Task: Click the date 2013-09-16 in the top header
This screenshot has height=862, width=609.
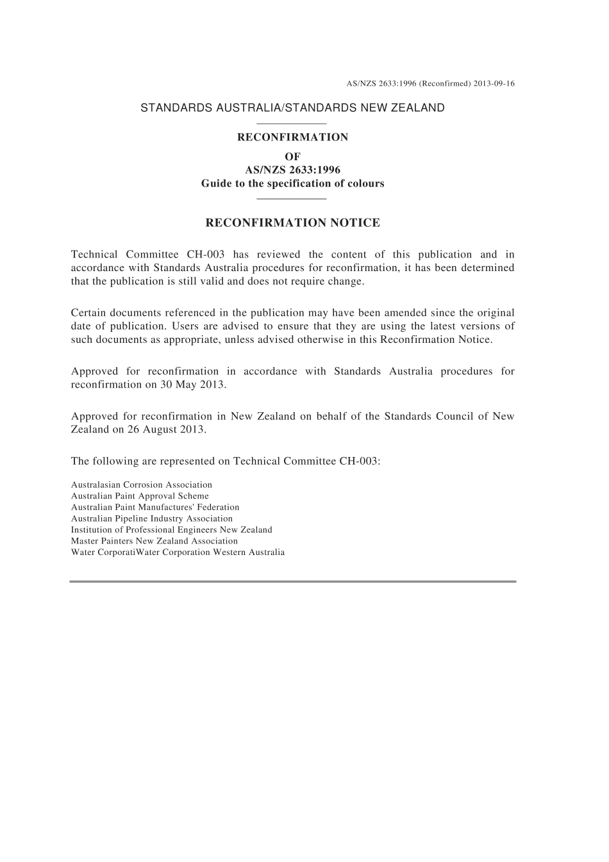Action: tap(494, 83)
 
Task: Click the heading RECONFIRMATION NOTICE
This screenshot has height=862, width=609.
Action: tap(292, 223)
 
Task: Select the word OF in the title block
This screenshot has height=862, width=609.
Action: tap(292, 156)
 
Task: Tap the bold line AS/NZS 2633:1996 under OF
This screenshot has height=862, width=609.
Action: tap(292, 170)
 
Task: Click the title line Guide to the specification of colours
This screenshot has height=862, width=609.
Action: tap(292, 183)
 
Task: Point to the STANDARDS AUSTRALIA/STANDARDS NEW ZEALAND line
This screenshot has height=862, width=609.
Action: tap(292, 108)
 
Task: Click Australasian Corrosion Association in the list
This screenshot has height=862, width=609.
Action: tap(141, 485)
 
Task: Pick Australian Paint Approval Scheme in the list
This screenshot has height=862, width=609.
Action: tap(140, 496)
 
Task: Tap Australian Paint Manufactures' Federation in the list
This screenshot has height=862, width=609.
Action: tap(154, 507)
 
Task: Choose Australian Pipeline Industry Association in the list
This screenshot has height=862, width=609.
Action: tap(151, 518)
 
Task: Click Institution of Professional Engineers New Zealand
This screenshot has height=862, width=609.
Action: tap(171, 530)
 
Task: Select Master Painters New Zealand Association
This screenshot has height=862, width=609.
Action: tap(154, 541)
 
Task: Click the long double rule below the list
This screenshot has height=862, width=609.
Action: tap(292, 581)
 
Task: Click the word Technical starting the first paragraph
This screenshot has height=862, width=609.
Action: tap(94, 254)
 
